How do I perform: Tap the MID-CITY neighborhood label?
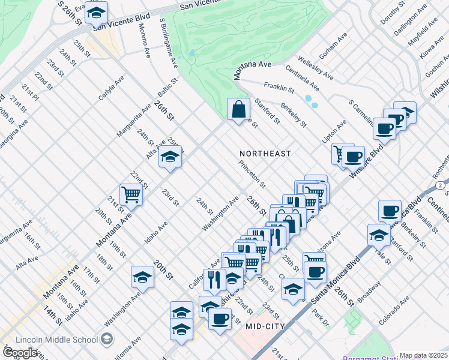click(x=268, y=325)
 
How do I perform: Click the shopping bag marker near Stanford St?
click(x=238, y=109)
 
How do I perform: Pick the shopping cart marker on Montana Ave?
click(x=131, y=194)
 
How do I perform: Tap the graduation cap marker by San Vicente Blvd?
click(x=95, y=11)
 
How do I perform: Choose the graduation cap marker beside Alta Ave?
click(x=170, y=157)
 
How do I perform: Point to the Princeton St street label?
click(x=252, y=173)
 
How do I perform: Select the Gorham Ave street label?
click(x=334, y=46)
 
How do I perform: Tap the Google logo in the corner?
click(x=20, y=353)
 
